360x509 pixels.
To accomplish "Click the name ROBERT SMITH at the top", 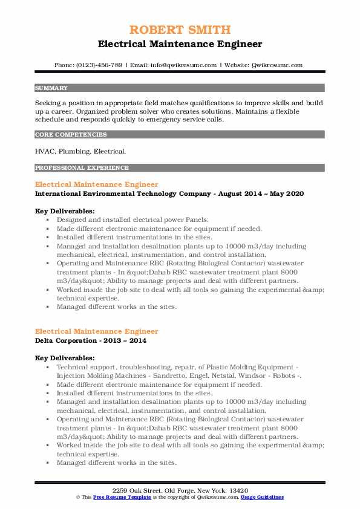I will (x=180, y=30).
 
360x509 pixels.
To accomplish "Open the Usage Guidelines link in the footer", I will (x=263, y=496).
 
